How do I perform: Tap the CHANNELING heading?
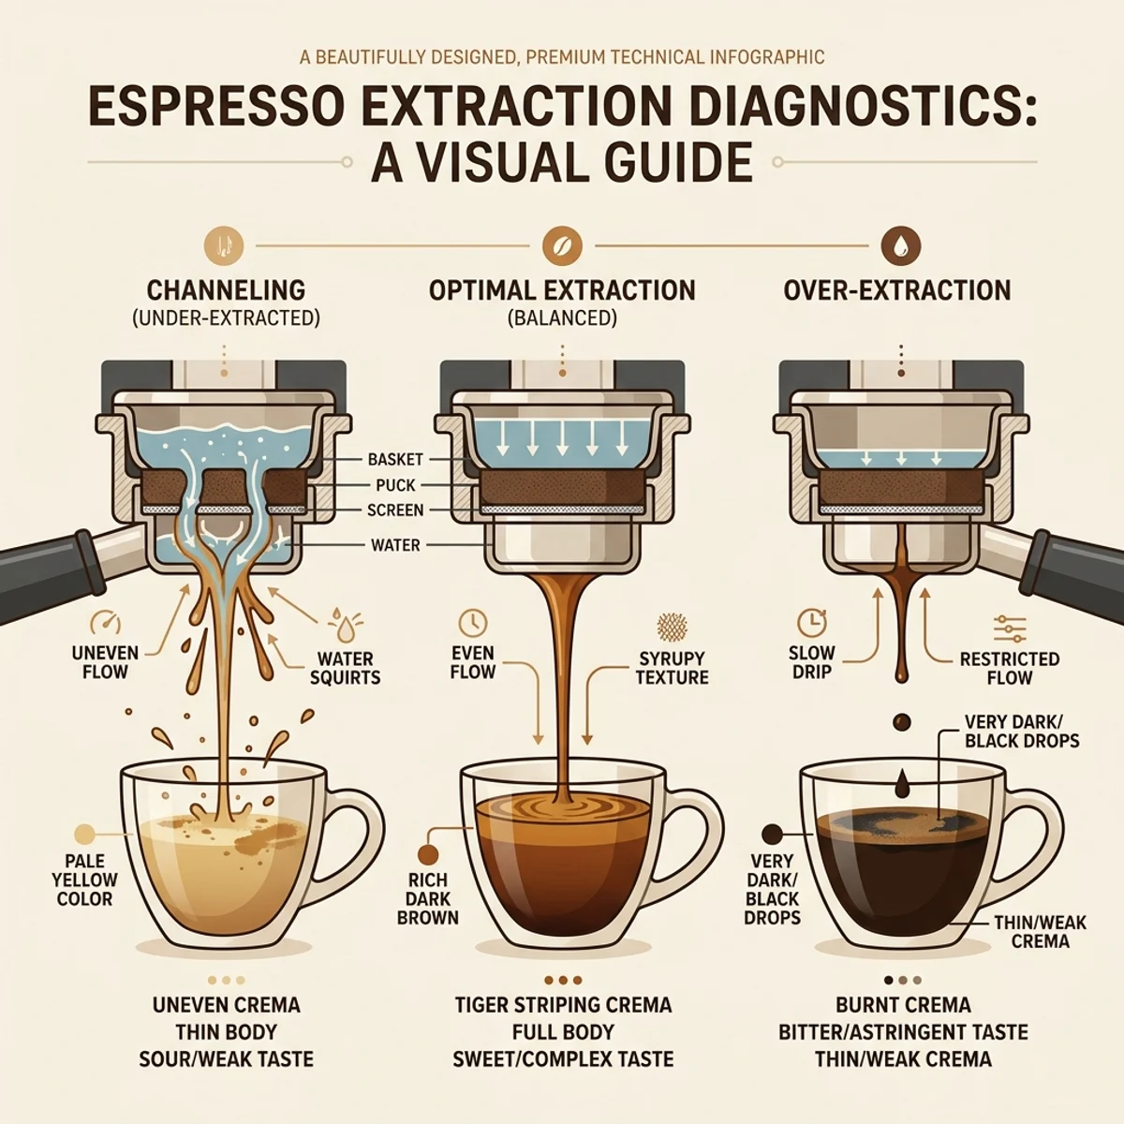[226, 289]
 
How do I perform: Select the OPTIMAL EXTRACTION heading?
[562, 289]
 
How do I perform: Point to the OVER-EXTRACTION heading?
[897, 289]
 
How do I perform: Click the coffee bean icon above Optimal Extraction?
[562, 245]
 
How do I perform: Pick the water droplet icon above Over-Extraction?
[900, 245]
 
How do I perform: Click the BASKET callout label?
[395, 460]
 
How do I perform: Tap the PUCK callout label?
[395, 484]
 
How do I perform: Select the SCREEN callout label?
[395, 510]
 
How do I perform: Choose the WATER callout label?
[395, 545]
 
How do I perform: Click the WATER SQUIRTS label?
[345, 668]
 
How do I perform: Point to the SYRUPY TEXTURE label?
[672, 668]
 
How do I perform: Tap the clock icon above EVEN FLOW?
[472, 623]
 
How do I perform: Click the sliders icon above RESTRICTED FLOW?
[1009, 630]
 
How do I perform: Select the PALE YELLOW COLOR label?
[84, 880]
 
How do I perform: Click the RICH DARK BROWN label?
[427, 899]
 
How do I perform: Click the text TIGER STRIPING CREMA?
[563, 1005]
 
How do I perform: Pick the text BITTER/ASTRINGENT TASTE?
[903, 1032]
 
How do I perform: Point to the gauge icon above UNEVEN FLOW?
[106, 623]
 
